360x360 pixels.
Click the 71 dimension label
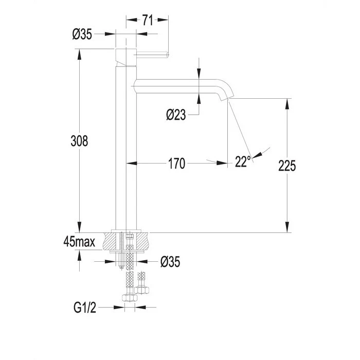148,20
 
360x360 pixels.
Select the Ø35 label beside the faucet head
82,34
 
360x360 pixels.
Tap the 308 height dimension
79,141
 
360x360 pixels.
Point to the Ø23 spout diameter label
176,115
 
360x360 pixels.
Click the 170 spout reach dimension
176,164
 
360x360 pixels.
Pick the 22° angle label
243,161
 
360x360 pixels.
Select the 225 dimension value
287,166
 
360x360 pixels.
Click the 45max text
79,242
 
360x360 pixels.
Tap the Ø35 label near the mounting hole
170,262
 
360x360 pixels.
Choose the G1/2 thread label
85,308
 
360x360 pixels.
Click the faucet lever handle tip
167,55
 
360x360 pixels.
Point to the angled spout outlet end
227,99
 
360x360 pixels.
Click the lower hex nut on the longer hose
130,298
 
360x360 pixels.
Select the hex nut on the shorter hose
141,290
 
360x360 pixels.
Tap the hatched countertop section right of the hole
142,241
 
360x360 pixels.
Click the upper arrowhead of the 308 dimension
79,54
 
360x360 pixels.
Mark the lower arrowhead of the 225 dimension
287,227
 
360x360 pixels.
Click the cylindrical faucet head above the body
126,57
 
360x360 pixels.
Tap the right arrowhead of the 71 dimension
163,20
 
